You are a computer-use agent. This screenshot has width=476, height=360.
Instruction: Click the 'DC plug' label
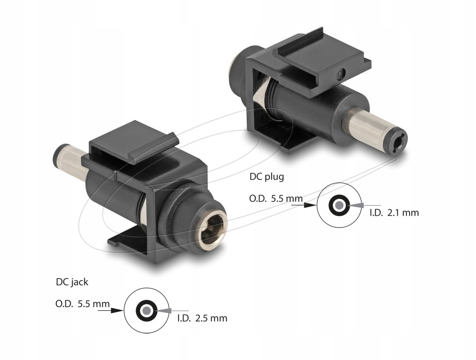point(266,177)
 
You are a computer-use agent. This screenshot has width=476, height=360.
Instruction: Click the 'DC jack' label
point(72,282)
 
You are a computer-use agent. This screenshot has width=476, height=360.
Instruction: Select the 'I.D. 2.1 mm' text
point(394,213)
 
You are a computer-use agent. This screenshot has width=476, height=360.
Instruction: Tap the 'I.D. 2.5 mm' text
point(202,318)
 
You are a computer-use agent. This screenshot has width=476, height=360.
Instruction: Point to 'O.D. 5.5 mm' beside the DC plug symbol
point(276,199)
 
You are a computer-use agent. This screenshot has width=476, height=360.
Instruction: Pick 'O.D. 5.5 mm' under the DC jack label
point(82,304)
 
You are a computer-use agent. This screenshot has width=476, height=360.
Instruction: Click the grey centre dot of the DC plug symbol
point(339,205)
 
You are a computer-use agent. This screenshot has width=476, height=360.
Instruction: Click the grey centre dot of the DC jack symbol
point(146,310)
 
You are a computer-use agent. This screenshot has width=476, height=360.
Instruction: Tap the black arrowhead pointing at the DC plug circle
point(311,205)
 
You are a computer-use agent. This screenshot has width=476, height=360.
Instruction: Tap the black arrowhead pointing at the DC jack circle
point(118,311)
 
